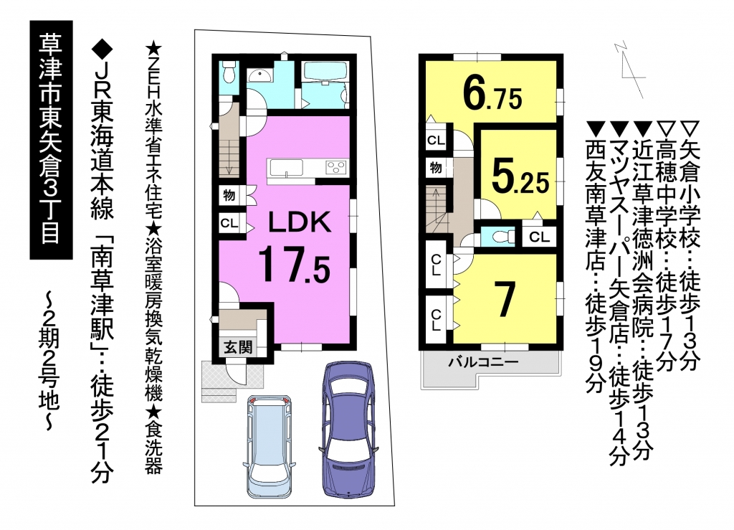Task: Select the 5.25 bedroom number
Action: point(520,176)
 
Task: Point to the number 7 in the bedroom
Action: point(505,299)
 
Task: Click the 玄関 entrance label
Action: point(238,347)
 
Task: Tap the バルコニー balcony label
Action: point(484,362)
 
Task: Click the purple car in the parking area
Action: point(349,429)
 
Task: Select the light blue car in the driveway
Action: point(269,448)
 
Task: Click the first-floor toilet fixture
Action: point(229,73)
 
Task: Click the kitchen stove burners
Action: point(336,168)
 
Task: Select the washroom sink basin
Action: point(259,75)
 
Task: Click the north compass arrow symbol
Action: point(629,68)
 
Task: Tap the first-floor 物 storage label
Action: point(229,194)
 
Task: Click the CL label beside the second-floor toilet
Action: point(539,237)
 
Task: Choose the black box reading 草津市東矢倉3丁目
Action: point(51,140)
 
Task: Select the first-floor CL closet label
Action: point(229,223)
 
